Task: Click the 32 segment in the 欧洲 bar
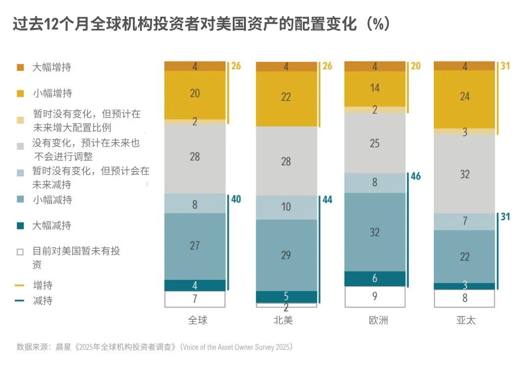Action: [x=375, y=231]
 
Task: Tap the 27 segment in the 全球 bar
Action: [x=195, y=246]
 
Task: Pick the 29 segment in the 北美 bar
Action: [x=286, y=254]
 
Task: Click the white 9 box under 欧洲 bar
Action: [x=375, y=296]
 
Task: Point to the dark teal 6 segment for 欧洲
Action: [x=375, y=279]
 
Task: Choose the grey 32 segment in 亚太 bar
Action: [x=464, y=174]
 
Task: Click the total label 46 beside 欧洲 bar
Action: [x=416, y=176]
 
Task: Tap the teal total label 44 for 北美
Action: [x=326, y=199]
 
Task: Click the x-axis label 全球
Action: [x=198, y=320]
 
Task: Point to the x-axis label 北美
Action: [x=283, y=320]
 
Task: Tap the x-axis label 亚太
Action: [x=466, y=320]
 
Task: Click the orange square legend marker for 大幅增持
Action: [x=20, y=67]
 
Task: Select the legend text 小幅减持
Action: [x=53, y=200]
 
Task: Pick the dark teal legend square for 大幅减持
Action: [x=20, y=226]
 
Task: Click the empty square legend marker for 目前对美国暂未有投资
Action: [x=20, y=252]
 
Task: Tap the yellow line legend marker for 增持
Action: [x=20, y=285]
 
